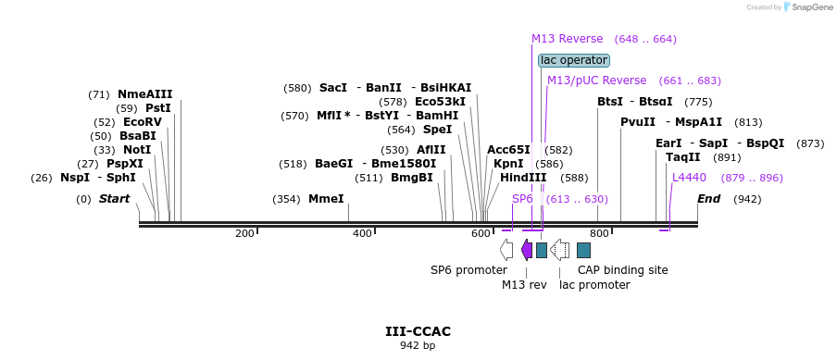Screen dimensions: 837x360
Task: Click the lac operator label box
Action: coord(574,60)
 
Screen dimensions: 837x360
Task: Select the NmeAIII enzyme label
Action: coord(145,94)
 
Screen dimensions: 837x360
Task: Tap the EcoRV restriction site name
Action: coord(143,122)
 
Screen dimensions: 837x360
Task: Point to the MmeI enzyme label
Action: coord(326,199)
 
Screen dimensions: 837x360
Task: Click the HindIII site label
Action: coord(523,178)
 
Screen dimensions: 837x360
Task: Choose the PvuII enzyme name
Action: coord(638,122)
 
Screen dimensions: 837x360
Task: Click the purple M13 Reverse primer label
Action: coord(567,39)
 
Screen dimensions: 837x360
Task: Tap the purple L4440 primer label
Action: coord(689,178)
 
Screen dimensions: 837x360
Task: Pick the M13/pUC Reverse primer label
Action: coord(597,81)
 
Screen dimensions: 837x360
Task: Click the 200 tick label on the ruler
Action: coord(244,233)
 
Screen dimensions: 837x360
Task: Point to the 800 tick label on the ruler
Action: coord(599,233)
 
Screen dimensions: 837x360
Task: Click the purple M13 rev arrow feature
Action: coord(527,250)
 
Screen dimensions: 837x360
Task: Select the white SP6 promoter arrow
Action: coord(506,250)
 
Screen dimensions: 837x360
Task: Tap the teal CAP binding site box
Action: coord(583,250)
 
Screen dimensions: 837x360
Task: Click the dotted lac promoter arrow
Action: coord(559,250)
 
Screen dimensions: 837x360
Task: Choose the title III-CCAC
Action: coord(418,331)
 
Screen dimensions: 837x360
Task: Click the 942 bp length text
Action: coord(418,345)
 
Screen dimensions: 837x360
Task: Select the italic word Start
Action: coord(114,199)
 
